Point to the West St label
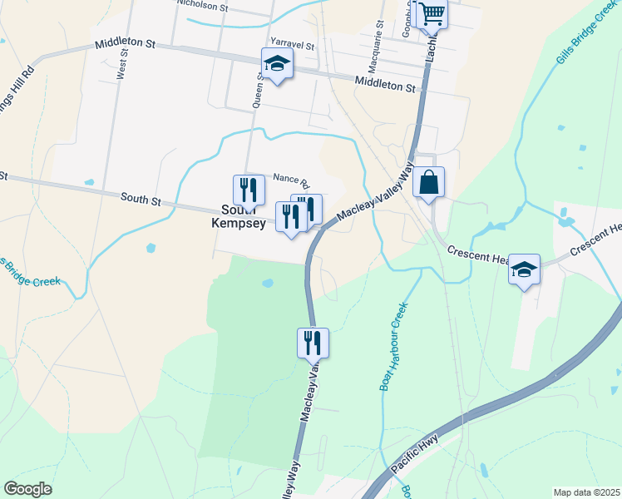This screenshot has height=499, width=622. (x=123, y=64)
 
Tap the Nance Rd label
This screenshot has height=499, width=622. (x=291, y=180)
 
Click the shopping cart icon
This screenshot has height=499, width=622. (x=432, y=12)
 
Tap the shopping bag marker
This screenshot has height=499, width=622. (x=428, y=182)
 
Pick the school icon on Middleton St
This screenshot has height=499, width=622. (x=278, y=62)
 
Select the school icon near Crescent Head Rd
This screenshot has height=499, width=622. (x=524, y=269)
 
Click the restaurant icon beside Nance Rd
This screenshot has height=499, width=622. (x=248, y=190)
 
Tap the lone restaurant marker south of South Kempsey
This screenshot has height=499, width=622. (x=313, y=341)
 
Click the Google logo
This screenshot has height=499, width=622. (x=27, y=489)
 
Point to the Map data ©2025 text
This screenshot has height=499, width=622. (x=585, y=492)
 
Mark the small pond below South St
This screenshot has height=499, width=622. (x=150, y=247)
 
